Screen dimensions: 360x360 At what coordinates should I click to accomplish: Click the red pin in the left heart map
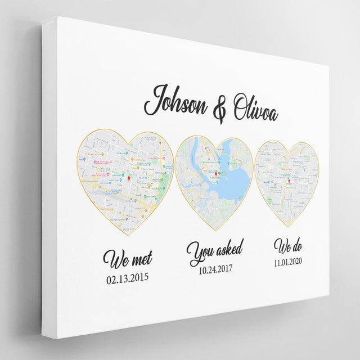pyautogui.click(x=129, y=179)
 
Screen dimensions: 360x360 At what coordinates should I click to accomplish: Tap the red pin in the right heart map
pyautogui.click(x=289, y=181)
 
